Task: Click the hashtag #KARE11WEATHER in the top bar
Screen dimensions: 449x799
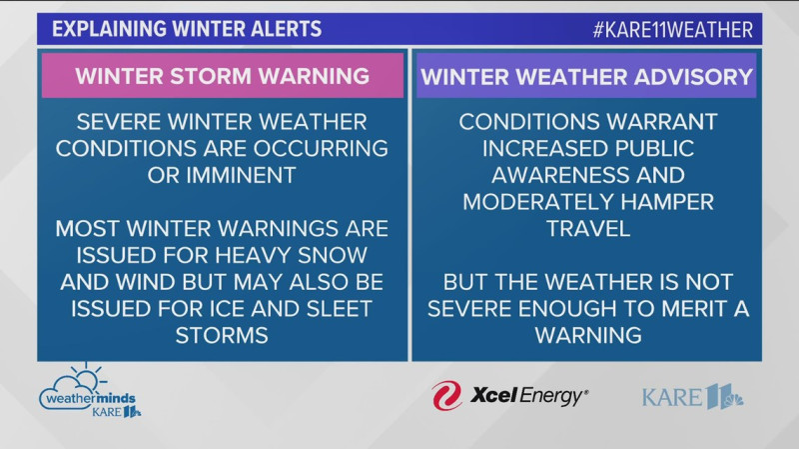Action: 671,29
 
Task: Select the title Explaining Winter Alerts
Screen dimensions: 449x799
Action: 187,29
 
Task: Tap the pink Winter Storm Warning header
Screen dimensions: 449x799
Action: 223,76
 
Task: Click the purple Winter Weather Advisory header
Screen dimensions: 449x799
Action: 586,76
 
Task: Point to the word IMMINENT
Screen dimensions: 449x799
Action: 236,175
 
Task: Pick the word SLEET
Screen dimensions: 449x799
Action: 336,308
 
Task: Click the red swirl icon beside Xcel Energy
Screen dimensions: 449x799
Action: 446,395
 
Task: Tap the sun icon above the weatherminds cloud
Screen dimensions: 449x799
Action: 87,374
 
